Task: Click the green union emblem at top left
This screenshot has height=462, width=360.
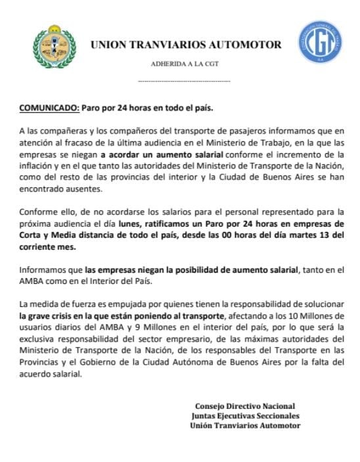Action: coord(50,47)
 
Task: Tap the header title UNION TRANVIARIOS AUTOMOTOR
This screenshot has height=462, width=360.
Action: coord(186,45)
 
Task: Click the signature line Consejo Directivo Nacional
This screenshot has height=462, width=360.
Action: coord(245,405)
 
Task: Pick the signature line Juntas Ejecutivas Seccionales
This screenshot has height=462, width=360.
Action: coord(245,415)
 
